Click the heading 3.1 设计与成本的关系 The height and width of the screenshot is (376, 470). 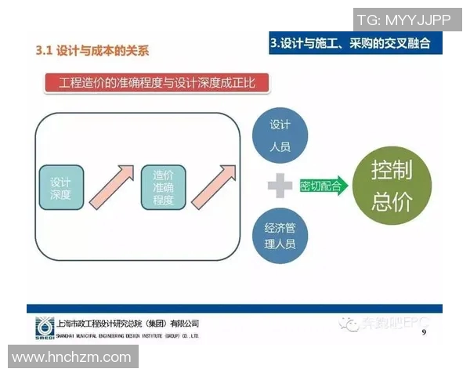click(x=92, y=52)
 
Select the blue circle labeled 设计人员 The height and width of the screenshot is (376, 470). click(x=280, y=134)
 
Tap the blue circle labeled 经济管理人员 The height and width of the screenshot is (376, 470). click(x=280, y=237)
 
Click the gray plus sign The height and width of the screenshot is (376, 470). click(x=280, y=186)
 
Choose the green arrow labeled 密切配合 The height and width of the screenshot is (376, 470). click(x=322, y=186)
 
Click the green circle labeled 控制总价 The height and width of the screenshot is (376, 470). click(x=392, y=186)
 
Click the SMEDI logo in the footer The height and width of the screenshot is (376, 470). click(x=45, y=327)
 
